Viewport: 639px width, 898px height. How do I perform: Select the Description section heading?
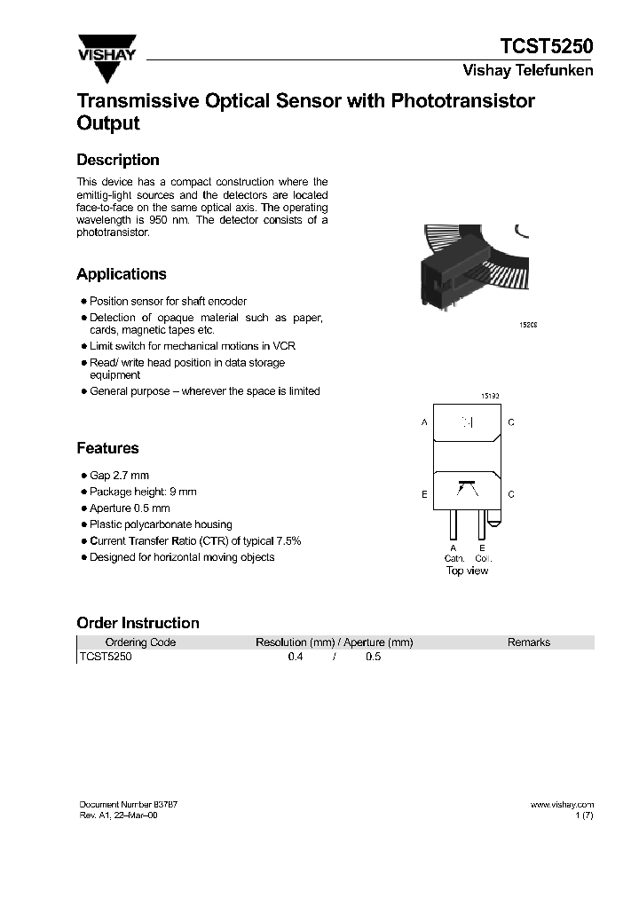tap(118, 160)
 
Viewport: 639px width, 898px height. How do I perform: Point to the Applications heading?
tap(122, 274)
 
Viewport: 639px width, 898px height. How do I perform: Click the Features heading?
tap(107, 448)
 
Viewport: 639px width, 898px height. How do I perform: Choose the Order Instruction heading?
tap(138, 623)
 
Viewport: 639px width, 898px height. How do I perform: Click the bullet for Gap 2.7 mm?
tap(83, 476)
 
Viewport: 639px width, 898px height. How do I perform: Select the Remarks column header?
tap(529, 642)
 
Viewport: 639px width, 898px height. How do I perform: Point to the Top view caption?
tap(467, 571)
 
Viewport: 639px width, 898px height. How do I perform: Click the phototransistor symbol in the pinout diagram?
tap(466, 487)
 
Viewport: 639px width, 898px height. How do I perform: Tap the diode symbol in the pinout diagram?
tap(468, 422)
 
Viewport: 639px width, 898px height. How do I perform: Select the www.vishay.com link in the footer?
tap(562, 805)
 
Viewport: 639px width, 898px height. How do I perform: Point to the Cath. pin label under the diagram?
tap(453, 558)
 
